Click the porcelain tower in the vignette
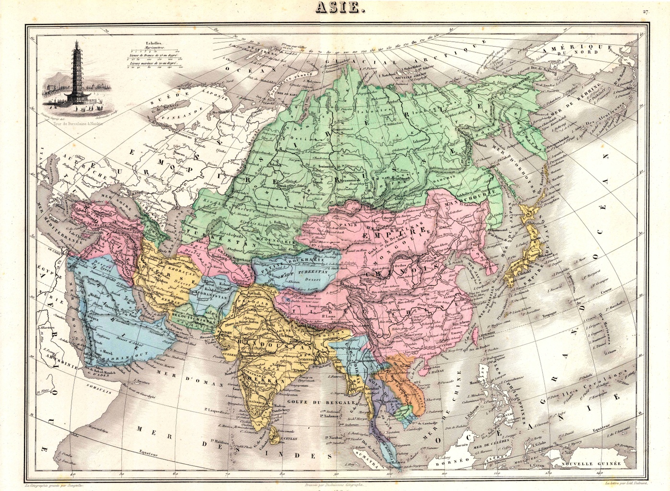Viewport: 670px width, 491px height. coord(75,72)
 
